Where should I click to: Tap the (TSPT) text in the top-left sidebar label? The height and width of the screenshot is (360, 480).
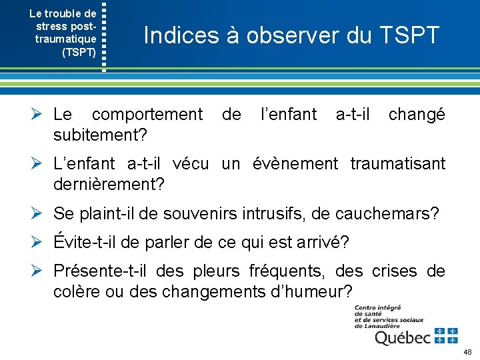tap(79, 51)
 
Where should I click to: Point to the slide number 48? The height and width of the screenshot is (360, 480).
tap(467, 351)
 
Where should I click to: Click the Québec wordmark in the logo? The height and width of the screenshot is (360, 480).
tap(403, 337)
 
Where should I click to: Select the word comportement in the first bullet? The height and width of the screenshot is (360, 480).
tap(147, 115)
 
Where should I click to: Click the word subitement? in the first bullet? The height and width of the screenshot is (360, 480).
tap(100, 135)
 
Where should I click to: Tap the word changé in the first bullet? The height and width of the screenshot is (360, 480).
tap(417, 115)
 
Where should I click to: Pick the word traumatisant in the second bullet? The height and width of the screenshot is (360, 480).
tap(397, 163)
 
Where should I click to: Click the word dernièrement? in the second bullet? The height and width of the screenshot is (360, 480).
tap(109, 183)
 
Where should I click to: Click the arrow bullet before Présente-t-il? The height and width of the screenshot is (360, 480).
tap(40, 271)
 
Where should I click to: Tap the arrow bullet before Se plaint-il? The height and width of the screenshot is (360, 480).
tap(40, 213)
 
